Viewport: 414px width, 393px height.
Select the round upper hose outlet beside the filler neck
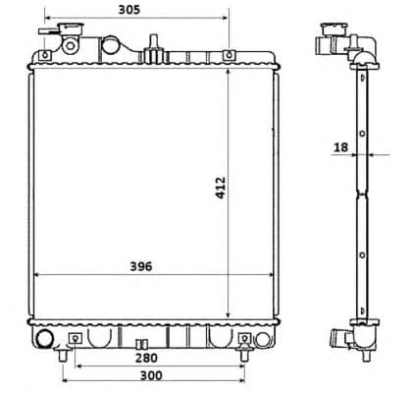[113, 45]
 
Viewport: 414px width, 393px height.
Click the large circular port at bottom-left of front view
[44, 340]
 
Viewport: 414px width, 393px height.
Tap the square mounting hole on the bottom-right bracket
[243, 340]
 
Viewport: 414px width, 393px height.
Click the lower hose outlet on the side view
[344, 340]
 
